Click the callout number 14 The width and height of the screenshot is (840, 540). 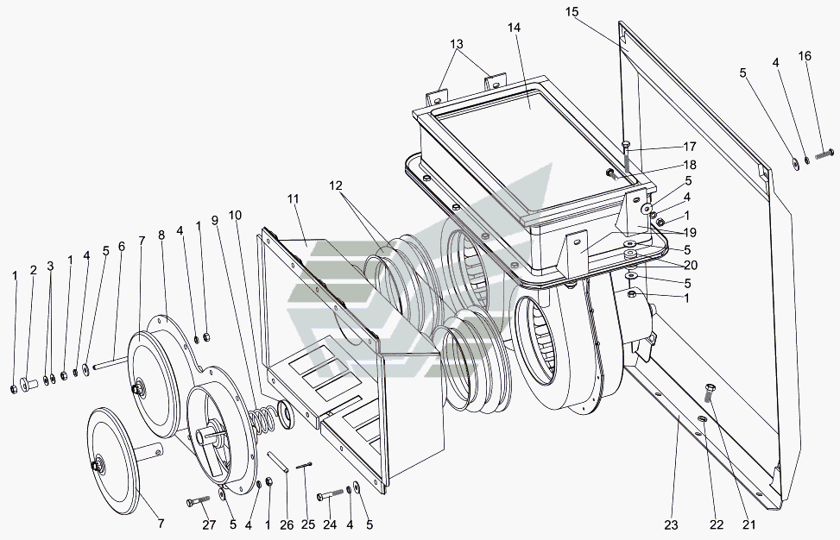pyautogui.click(x=514, y=28)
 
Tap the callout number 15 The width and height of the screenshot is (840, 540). pyautogui.click(x=572, y=12)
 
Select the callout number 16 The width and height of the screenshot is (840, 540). pyautogui.click(x=805, y=56)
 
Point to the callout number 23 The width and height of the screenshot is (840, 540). pyautogui.click(x=672, y=525)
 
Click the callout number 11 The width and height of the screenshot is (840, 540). pyautogui.click(x=293, y=198)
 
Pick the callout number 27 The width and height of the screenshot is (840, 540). pyautogui.click(x=209, y=524)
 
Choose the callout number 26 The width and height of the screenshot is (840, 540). pyautogui.click(x=287, y=525)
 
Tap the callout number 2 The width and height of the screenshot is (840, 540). pyautogui.click(x=33, y=270)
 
